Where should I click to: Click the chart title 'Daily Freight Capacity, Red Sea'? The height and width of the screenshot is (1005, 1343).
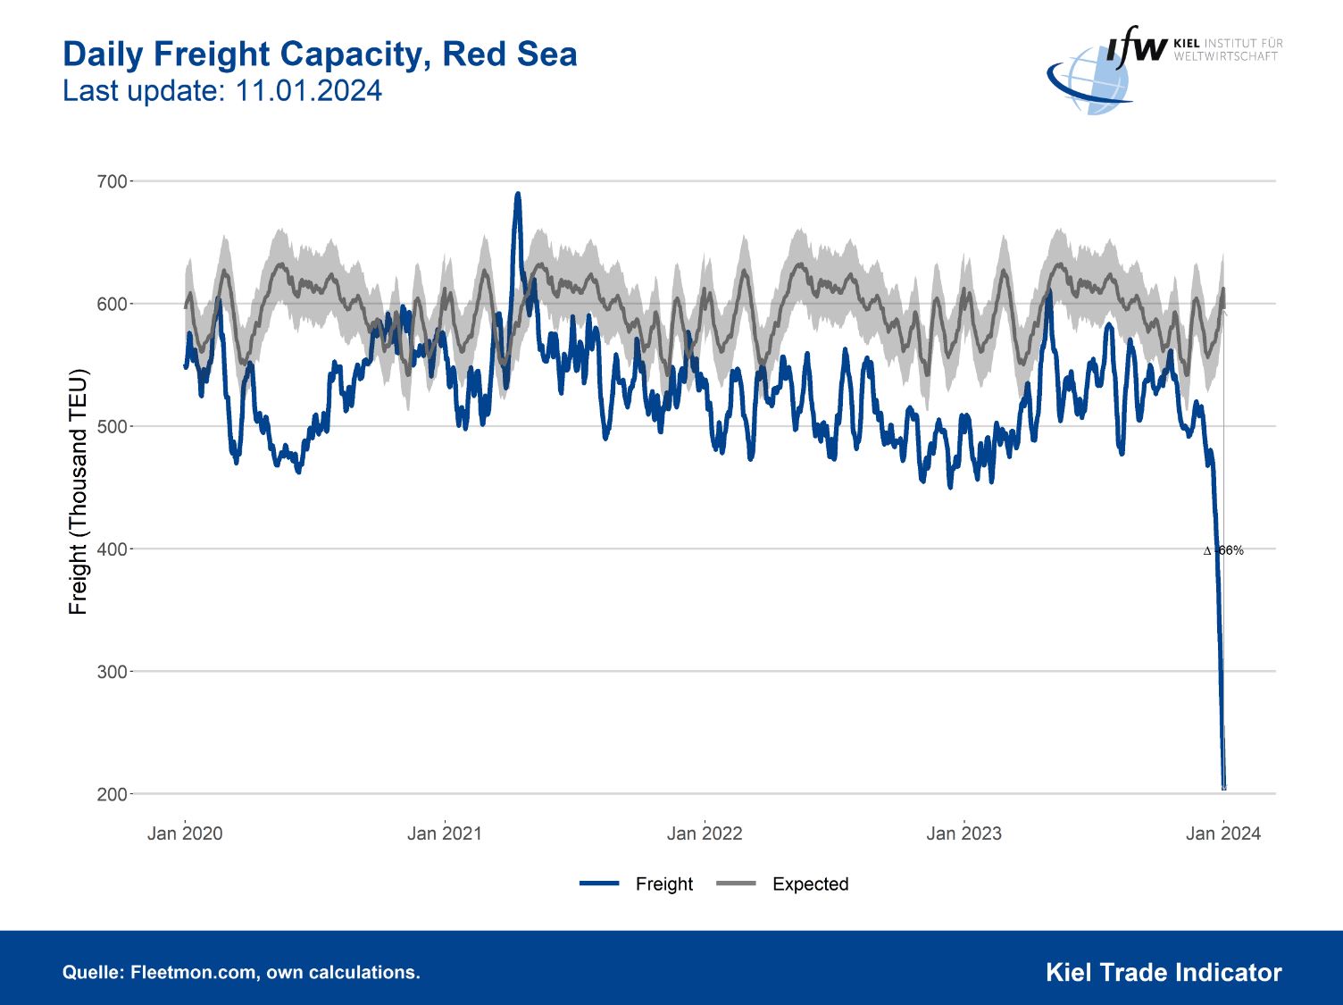[320, 54]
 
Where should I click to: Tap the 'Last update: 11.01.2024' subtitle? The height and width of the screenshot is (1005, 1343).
[222, 91]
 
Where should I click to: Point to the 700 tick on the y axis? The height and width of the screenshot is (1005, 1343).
[112, 181]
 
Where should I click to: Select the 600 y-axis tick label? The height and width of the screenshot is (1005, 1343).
[112, 304]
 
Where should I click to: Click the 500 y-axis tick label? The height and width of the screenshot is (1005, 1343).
[112, 426]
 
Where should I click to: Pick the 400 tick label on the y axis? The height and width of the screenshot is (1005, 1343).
[112, 549]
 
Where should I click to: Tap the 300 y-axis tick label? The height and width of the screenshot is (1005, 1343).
[112, 671]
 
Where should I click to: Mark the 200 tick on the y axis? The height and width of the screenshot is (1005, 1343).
[112, 794]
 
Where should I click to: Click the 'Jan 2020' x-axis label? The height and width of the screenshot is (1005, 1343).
[185, 833]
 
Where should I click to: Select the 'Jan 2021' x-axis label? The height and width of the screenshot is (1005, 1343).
[445, 833]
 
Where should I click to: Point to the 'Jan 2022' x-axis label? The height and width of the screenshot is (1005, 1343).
[705, 833]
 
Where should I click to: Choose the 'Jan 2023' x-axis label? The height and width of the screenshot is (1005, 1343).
[964, 833]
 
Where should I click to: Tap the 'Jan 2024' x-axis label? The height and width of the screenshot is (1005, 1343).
[1223, 833]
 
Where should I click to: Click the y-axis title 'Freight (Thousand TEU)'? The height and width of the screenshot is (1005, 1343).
[79, 490]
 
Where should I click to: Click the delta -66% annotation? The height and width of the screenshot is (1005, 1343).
[1224, 550]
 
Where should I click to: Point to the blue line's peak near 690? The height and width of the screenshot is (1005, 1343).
[517, 194]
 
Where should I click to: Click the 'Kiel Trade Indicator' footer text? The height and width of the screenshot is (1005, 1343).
[1164, 972]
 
